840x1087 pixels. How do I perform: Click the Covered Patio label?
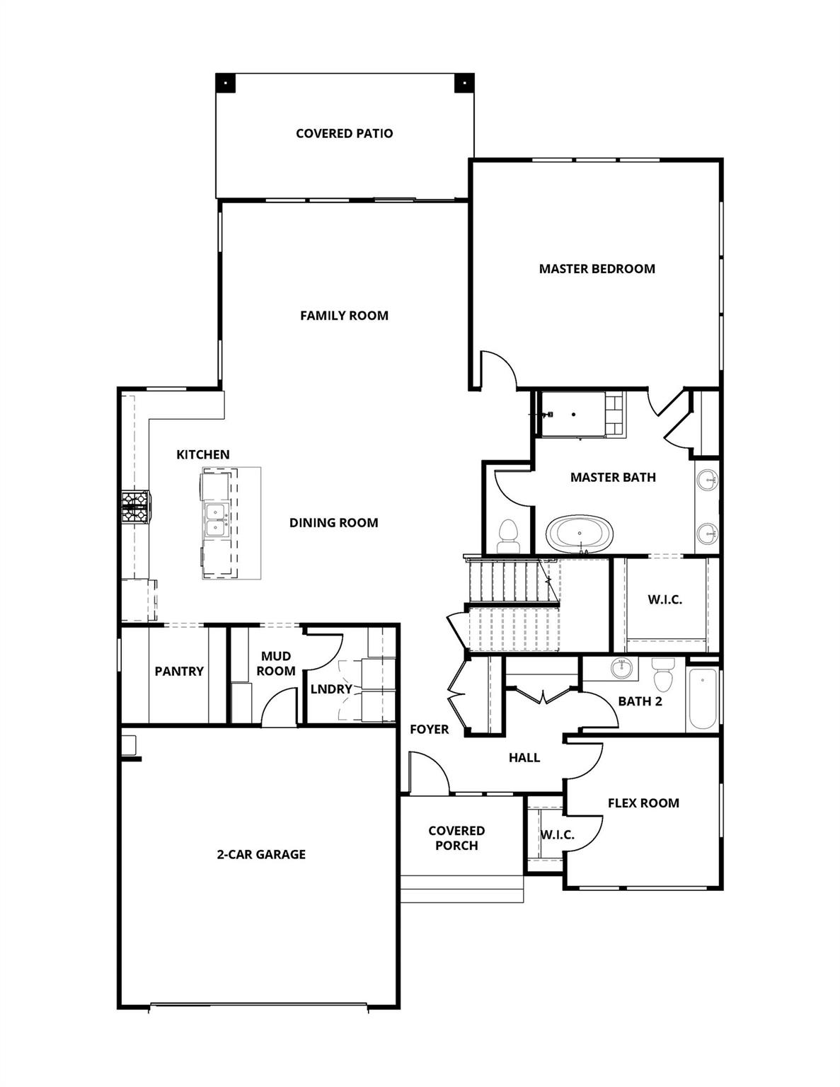(344, 133)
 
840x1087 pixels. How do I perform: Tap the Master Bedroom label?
(597, 268)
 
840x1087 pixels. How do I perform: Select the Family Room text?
(344, 316)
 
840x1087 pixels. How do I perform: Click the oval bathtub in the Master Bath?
(580, 534)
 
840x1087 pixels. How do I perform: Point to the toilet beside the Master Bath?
(508, 536)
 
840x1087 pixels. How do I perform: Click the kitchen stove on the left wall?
(135, 507)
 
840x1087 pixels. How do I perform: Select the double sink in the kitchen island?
(215, 520)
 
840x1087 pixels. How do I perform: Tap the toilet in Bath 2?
(663, 675)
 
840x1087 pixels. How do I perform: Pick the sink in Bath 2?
(622, 668)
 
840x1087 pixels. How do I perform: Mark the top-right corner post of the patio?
(464, 82)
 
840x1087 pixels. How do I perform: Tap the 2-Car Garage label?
(261, 854)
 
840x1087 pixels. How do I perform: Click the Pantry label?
(179, 671)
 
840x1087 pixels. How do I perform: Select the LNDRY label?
(331, 689)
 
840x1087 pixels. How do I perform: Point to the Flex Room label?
(643, 803)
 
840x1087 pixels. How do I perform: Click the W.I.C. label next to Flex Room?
(558, 835)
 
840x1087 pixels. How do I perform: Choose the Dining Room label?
(333, 523)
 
